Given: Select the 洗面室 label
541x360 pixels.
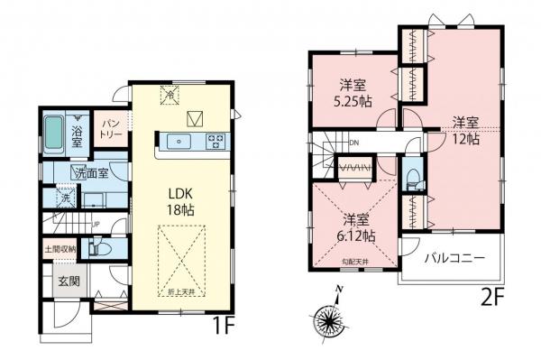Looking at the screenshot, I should pyautogui.click(x=91, y=172).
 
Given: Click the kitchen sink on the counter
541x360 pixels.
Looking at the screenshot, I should pyautogui.click(x=177, y=140).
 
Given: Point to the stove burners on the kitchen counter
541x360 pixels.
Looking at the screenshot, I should pyautogui.click(x=216, y=140).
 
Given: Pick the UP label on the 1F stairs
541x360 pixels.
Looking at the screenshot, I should pyautogui.click(x=94, y=226).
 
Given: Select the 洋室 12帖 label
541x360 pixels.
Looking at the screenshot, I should pyautogui.click(x=465, y=130).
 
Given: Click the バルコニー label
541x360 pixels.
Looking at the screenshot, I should pyautogui.click(x=455, y=258).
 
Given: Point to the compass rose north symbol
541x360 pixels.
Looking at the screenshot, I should pyautogui.click(x=335, y=312).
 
